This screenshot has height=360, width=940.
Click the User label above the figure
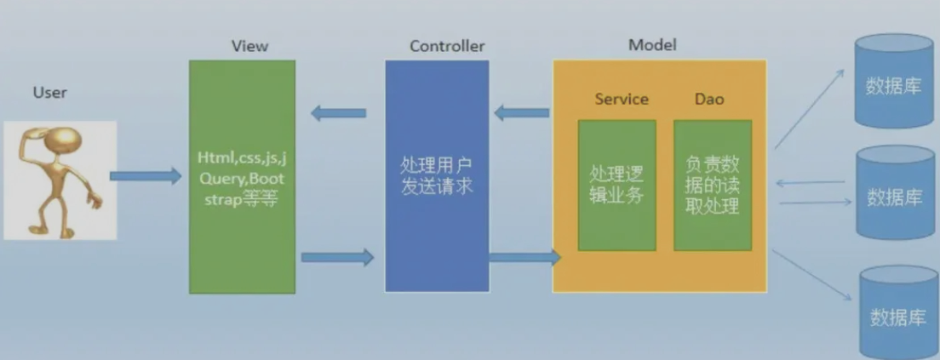49,92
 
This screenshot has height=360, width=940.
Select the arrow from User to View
146,176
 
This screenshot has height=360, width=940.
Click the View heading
249,46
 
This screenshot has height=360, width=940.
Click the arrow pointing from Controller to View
338,112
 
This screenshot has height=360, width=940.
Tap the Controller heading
447,46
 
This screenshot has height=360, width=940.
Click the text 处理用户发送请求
437,174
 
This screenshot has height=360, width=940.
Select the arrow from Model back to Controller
522,111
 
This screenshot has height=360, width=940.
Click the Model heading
652,44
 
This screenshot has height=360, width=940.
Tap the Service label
622,100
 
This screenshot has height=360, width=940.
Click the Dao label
709,100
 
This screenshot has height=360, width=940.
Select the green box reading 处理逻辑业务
616,185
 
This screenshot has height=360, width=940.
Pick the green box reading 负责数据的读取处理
713,185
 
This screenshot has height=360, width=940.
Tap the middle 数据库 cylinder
894,193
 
